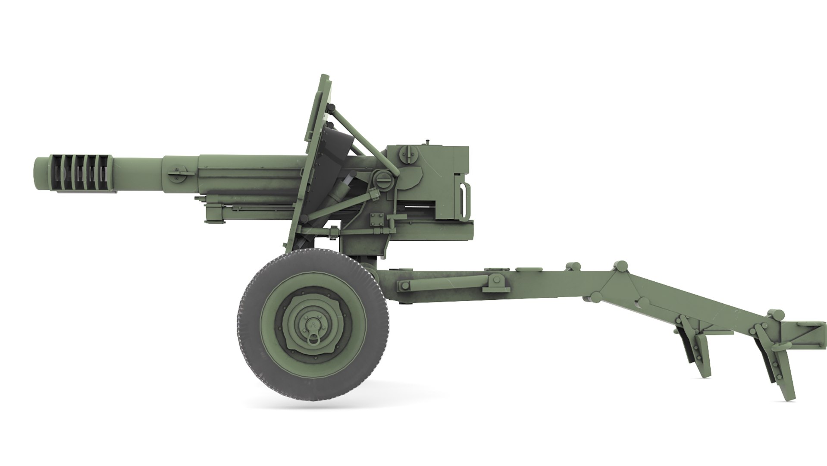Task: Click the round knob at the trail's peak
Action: coord(621,266)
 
